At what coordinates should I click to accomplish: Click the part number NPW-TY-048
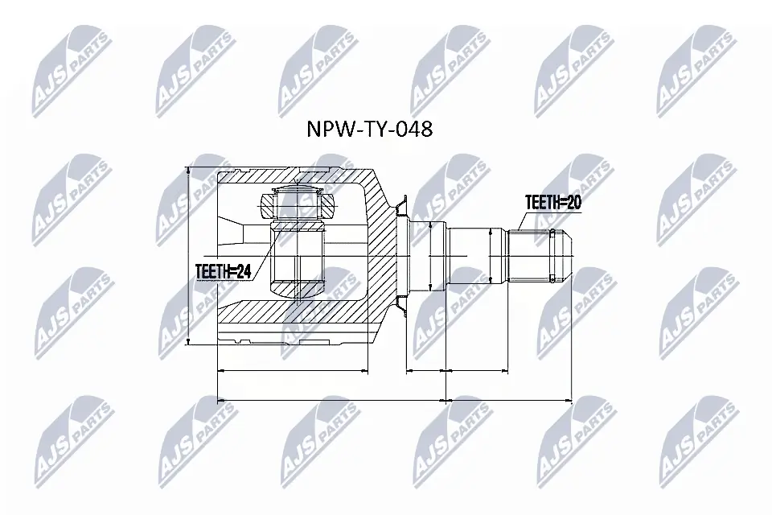click(371, 130)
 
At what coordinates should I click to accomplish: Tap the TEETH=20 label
click(552, 202)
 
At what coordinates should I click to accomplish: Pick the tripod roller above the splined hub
click(298, 204)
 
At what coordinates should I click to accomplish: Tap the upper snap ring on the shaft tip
click(552, 234)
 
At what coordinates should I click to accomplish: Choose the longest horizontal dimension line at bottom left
click(331, 398)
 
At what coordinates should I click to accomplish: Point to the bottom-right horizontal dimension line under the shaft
click(508, 398)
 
